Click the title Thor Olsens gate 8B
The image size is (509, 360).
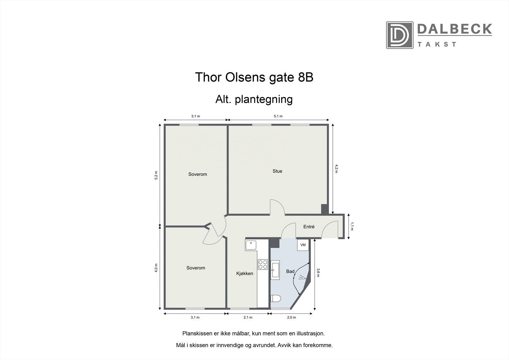click(x=254, y=77)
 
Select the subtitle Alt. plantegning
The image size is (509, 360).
click(x=254, y=99)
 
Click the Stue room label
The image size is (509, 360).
click(x=277, y=171)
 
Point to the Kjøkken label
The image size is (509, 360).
click(x=245, y=273)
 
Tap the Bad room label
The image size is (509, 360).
click(x=290, y=272)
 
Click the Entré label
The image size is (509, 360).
click(x=309, y=227)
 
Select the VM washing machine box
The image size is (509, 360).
click(x=303, y=245)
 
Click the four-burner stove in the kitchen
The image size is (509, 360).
click(x=263, y=265)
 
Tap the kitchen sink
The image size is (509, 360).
click(x=251, y=245)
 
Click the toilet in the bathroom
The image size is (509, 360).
click(x=275, y=299)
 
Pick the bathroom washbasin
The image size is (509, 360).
click(x=275, y=270)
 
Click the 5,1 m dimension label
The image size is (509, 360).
click(x=278, y=116)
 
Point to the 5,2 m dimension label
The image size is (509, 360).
click(x=156, y=175)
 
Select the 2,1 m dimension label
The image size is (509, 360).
click(x=248, y=317)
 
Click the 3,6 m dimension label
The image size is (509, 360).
click(x=318, y=273)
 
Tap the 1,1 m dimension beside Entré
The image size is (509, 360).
click(x=352, y=226)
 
